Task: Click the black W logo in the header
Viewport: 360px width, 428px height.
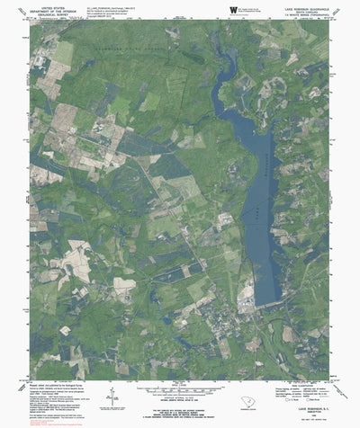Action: (233, 9)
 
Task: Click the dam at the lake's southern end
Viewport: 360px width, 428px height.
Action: (271, 306)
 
